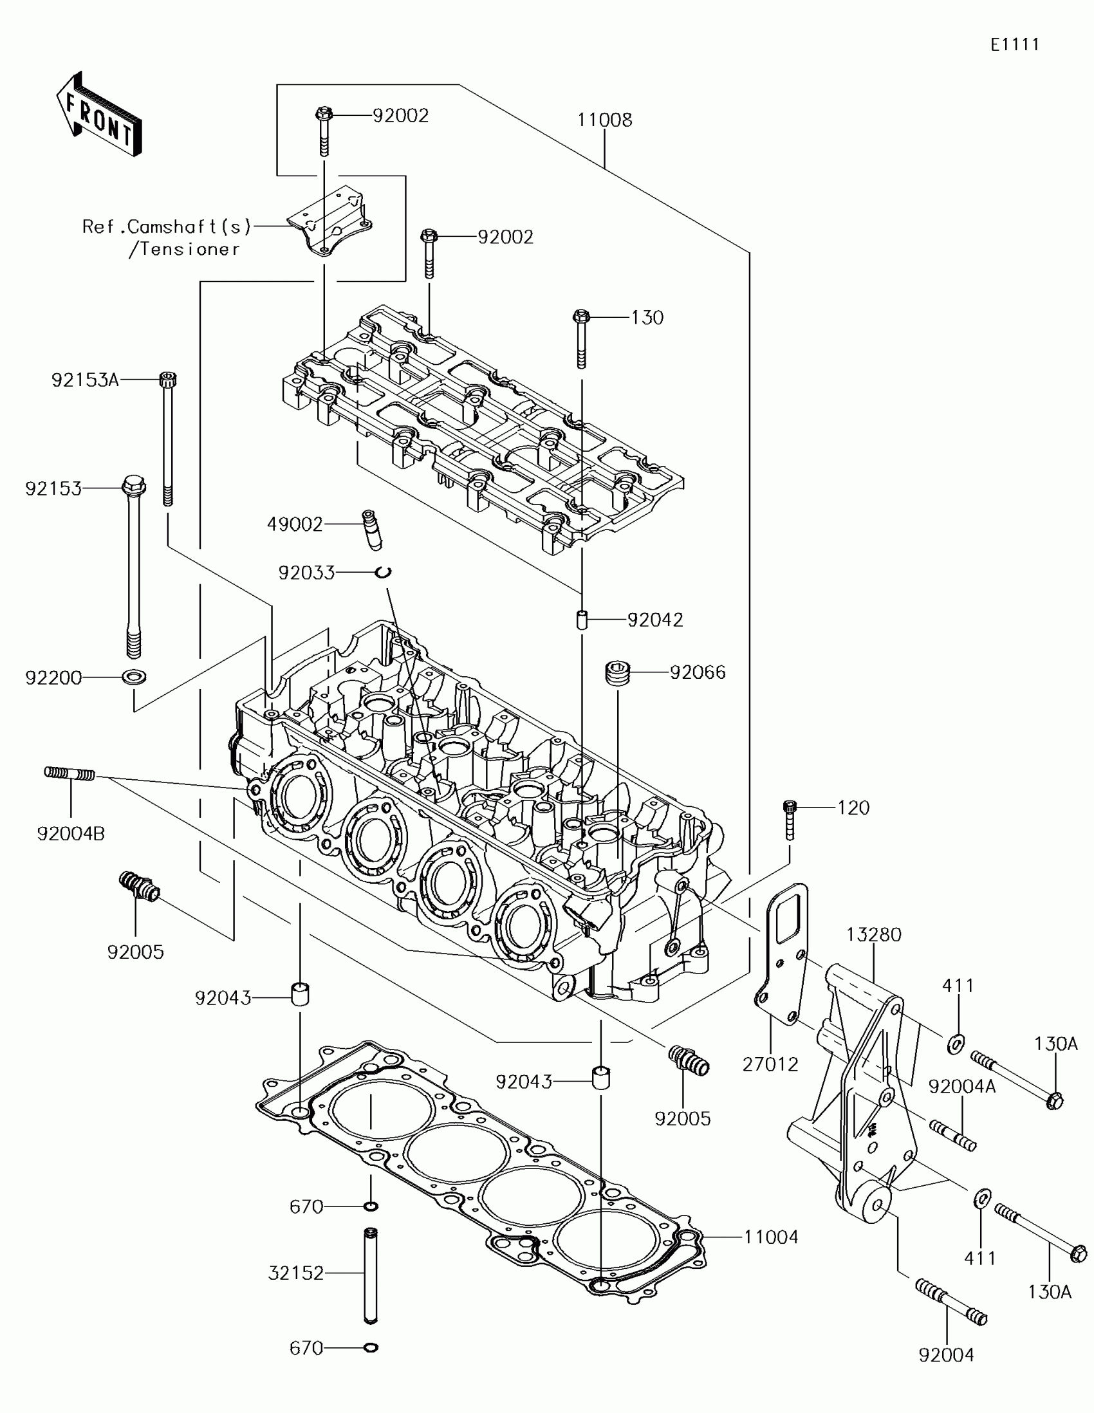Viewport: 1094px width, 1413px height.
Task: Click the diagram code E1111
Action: [1014, 44]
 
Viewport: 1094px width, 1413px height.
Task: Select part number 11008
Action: [604, 120]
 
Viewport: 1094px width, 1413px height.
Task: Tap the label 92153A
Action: [85, 380]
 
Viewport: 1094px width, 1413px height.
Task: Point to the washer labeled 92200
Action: [134, 677]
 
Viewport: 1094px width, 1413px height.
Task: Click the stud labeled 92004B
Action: [70, 773]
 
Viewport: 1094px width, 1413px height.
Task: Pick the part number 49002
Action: [295, 524]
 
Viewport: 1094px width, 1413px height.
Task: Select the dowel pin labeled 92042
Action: [581, 619]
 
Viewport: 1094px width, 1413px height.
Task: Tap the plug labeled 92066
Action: [617, 673]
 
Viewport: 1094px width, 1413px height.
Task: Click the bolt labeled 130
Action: [580, 340]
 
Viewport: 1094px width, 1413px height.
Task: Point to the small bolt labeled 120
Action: [789, 820]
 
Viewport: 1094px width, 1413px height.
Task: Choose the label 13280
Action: [873, 934]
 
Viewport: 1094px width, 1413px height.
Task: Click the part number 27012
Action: [770, 1064]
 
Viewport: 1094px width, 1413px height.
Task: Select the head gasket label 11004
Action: [770, 1237]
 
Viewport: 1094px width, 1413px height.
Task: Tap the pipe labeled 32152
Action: [371, 1275]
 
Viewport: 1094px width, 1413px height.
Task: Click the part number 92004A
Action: [961, 1086]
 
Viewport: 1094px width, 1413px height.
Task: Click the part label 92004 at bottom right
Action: [946, 1355]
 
